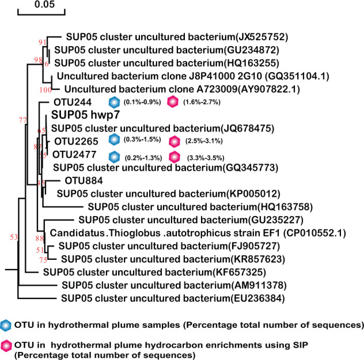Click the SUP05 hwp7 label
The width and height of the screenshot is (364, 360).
(x=86, y=115)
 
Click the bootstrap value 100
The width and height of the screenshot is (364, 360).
(x=45, y=89)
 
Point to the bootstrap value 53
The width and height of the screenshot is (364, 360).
(x=14, y=237)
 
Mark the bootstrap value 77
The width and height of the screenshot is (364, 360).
(x=23, y=120)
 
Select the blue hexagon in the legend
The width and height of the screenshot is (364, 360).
(x=6, y=324)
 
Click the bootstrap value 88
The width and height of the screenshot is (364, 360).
(x=40, y=238)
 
